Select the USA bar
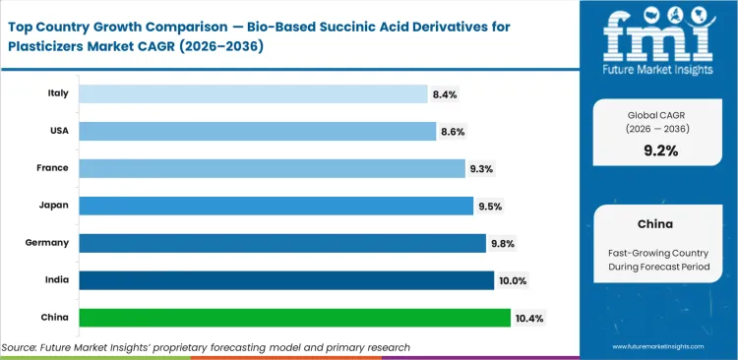point(257,131)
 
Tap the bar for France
point(272,168)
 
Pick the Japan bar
point(276,206)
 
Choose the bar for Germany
point(281,243)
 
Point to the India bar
point(286,280)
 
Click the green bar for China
point(294,318)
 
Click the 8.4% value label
point(445,94)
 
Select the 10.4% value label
point(529,318)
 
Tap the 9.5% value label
point(490,207)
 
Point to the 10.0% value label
point(513,281)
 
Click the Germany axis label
point(48,243)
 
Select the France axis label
point(53,168)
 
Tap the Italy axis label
point(57,93)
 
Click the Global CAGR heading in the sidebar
point(655,114)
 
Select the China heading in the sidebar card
point(655,223)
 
